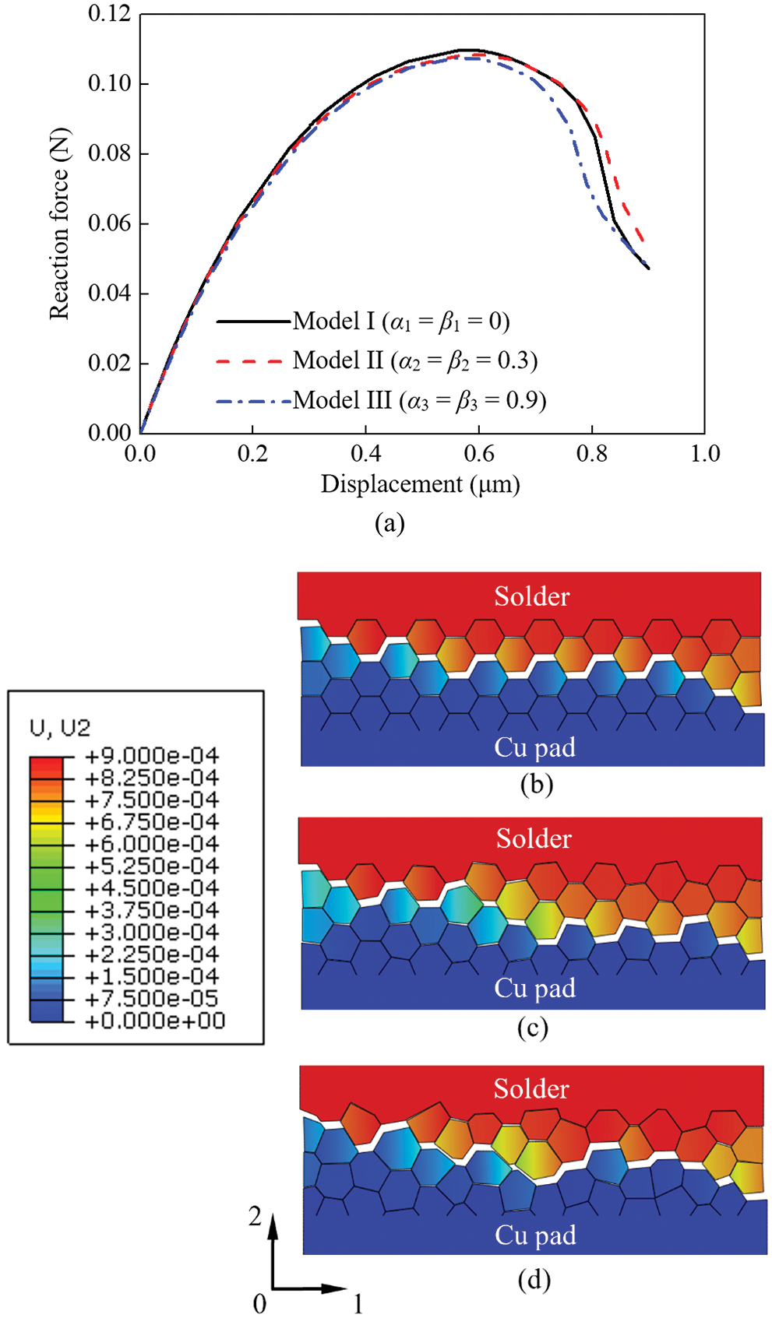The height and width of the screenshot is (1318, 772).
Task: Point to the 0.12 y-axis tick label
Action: coord(109,14)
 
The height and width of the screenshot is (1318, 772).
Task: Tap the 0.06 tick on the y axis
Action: coord(109,223)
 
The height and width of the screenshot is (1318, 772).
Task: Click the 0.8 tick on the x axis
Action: coord(591,453)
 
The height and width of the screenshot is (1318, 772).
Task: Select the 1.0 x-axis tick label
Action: coord(704,453)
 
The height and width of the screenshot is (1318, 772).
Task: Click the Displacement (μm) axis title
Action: coord(420,484)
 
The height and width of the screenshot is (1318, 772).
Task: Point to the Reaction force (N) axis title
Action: coord(60,223)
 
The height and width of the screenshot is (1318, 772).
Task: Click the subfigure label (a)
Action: coord(390,522)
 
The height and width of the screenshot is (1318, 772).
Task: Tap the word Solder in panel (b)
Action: coord(532,596)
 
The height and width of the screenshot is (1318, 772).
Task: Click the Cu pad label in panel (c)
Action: coord(534,988)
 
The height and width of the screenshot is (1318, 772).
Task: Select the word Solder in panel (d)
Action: coord(531,1088)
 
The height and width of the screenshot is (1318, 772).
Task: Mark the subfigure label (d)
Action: coord(534,1280)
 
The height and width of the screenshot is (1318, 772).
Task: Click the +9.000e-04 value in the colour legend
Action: coord(151,756)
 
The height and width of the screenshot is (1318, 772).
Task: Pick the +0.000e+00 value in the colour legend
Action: coord(154,1021)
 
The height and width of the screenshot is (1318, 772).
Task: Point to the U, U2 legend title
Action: coord(60,728)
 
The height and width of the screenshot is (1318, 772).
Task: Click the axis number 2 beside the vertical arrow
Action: coord(255,1217)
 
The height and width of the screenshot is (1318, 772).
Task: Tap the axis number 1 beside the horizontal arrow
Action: coord(358,1303)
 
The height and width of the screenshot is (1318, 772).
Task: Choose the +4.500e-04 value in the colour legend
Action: coord(151,888)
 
